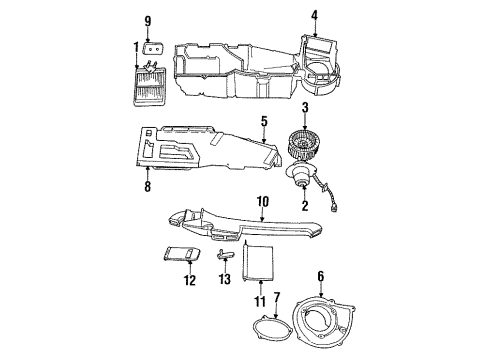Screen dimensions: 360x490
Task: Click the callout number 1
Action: [x=136, y=47]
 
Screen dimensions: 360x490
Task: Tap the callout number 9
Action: [x=149, y=20]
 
